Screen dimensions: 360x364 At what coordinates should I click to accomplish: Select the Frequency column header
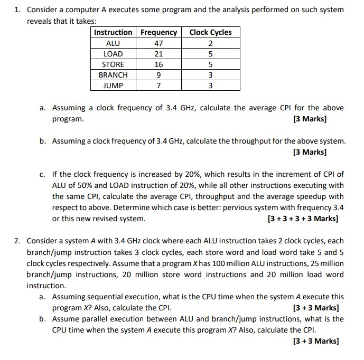(158, 32)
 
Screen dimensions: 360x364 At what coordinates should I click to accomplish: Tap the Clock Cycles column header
(210, 32)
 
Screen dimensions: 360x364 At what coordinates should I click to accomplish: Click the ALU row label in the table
(113, 43)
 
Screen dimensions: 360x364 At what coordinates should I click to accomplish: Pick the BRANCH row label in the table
(113, 75)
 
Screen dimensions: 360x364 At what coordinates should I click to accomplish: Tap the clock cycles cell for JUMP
(210, 86)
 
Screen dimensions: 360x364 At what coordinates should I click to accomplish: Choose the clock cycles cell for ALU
(210, 43)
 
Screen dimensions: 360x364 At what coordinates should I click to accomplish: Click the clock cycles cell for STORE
(210, 64)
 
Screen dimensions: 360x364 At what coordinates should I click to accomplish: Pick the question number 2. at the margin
(18, 241)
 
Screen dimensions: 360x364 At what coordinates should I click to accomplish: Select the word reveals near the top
(39, 21)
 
